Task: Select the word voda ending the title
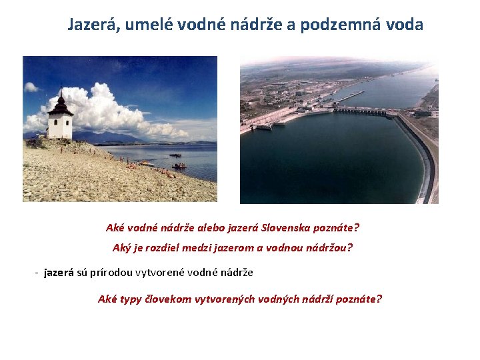[404, 25]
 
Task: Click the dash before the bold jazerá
[37, 272]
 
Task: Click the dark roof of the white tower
[61, 105]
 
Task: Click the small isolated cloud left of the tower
[31, 87]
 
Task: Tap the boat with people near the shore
[178, 165]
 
